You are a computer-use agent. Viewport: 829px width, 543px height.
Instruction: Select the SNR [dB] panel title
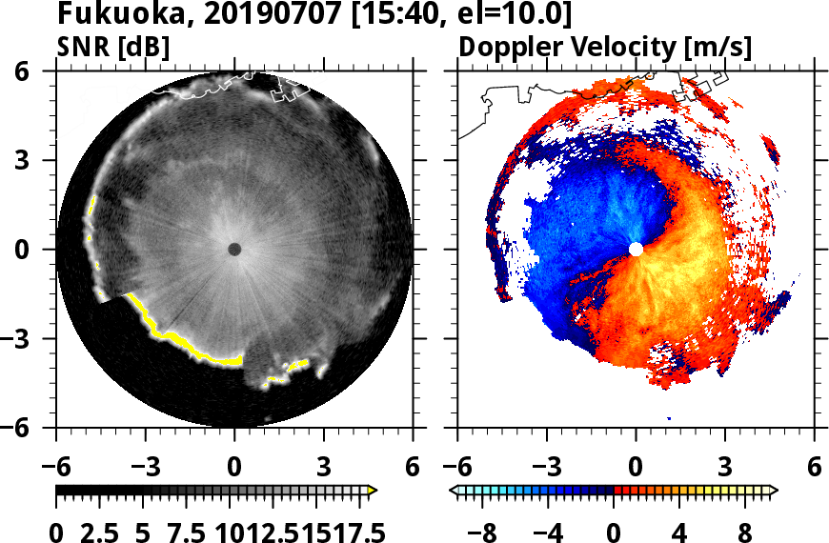pyautogui.click(x=113, y=47)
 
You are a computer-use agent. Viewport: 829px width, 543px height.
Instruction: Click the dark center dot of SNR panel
pyautogui.click(x=234, y=250)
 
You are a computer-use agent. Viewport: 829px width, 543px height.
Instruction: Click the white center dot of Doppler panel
pyautogui.click(x=636, y=250)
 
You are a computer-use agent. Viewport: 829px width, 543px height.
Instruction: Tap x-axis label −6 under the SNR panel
pyautogui.click(x=56, y=467)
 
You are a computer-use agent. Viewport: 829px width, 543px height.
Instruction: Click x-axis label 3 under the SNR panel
pyautogui.click(x=324, y=467)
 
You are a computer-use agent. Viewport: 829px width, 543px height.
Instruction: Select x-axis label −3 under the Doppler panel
pyautogui.click(x=547, y=467)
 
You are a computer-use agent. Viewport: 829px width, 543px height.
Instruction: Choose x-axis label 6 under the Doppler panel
pyautogui.click(x=814, y=467)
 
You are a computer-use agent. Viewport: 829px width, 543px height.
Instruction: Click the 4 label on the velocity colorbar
pyautogui.click(x=679, y=530)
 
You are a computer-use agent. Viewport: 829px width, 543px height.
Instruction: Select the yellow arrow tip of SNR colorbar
pyautogui.click(x=373, y=490)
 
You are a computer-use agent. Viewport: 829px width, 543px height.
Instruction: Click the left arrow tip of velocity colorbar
pyautogui.click(x=454, y=490)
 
